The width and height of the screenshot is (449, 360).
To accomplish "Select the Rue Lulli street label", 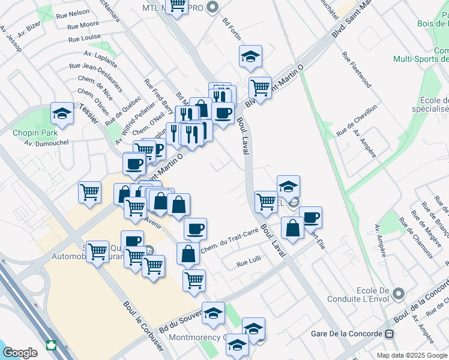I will coord(250,263).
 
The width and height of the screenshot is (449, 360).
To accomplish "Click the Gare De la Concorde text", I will coord(348,334).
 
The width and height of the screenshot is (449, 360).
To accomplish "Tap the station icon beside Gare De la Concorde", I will coord(390,334).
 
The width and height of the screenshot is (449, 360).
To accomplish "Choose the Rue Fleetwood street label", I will coord(357,70).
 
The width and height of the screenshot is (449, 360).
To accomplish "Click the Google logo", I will coord(20,353).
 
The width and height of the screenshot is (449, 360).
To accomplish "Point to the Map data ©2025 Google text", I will coord(412,355).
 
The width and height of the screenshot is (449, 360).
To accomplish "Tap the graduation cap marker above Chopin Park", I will coord(61,113).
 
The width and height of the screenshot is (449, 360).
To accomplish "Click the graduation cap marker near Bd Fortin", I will coord(250,57).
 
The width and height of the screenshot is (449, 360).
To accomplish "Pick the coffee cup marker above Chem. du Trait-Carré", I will coord(195,228).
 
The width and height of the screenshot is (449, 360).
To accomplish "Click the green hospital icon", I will coord(52,346).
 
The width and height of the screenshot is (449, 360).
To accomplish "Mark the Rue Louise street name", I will coord(84,38).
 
